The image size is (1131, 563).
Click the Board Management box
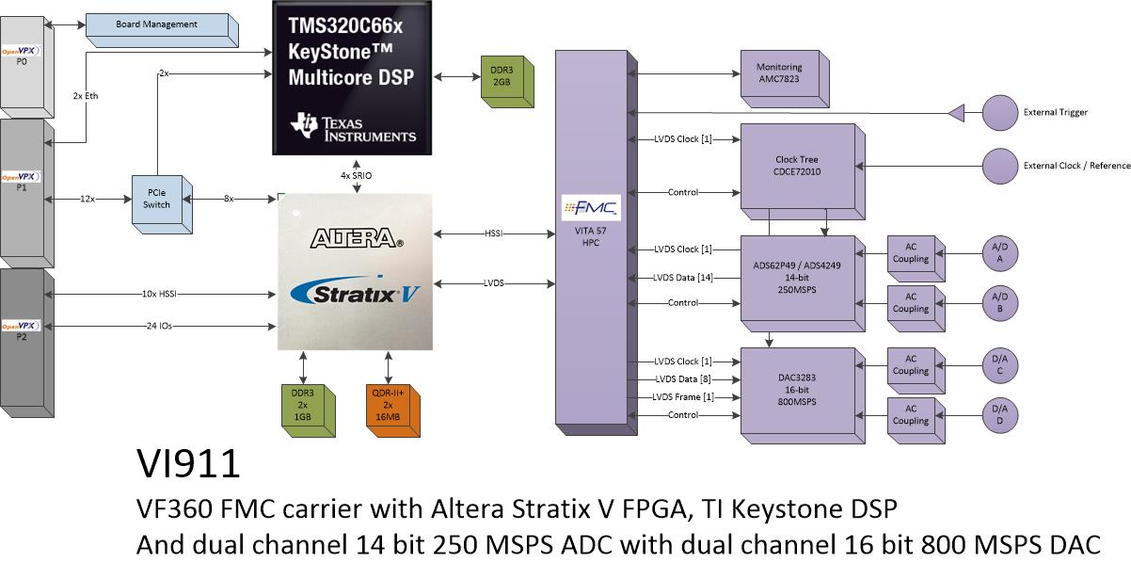pos(162,30)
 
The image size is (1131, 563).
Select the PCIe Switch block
pos(162,204)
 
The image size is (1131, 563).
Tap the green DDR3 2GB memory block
pos(507,81)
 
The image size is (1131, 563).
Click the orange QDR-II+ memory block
pos(392,410)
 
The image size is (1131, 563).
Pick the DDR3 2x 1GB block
pos(308,410)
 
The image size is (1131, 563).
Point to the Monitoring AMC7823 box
pos(785,78)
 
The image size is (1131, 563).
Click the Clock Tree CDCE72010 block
pos(803,171)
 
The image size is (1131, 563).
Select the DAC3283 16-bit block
pos(803,395)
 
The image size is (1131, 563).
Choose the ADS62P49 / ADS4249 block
pos(803,283)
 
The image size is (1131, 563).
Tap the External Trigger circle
pos(999,113)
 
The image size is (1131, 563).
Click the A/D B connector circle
pos(999,303)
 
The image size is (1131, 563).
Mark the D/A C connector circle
pos(999,365)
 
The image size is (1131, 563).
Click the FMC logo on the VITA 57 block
pos(591,208)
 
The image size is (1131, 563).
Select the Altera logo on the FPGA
pos(357,238)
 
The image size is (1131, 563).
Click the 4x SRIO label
pos(356,175)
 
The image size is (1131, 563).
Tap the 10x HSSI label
pos(159,294)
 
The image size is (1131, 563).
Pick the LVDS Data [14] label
pos(682,278)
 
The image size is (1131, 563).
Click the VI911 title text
pos(188,463)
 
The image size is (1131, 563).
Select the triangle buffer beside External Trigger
pos(957,113)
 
